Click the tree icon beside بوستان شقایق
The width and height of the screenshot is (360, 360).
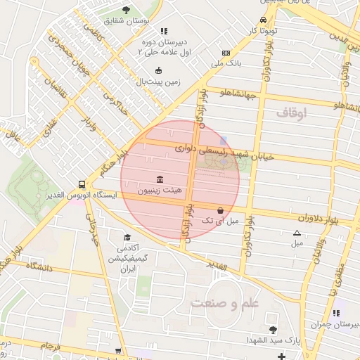(126, 10)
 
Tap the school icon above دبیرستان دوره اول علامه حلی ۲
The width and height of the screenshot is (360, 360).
(164, 31)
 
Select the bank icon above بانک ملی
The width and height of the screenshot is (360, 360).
(226, 53)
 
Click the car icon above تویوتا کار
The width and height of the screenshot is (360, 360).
(262, 20)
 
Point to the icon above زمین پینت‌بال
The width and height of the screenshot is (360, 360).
(158, 70)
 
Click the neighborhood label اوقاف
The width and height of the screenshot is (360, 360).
(292, 112)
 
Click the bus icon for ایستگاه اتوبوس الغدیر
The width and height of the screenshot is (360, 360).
(82, 184)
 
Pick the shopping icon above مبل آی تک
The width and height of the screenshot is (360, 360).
(221, 210)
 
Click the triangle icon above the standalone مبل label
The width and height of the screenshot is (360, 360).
(297, 233)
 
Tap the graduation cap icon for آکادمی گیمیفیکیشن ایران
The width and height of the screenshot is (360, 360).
(127, 237)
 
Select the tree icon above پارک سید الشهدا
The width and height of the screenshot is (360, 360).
(273, 330)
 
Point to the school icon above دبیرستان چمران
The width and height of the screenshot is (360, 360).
(336, 313)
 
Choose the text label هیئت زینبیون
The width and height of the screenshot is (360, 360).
(159, 190)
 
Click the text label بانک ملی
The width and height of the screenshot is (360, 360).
(226, 64)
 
